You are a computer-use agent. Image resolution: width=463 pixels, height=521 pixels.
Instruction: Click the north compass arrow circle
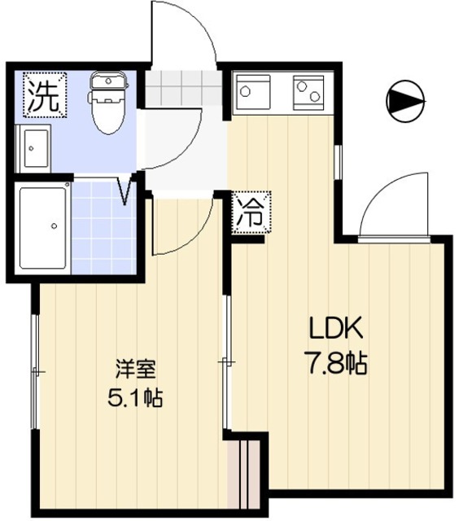click(x=404, y=101)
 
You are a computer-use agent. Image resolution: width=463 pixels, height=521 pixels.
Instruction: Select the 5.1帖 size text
click(x=134, y=399)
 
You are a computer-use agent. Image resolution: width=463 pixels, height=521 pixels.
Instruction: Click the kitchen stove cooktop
click(x=308, y=90)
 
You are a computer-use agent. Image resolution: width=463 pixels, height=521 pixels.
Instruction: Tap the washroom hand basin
click(x=34, y=148)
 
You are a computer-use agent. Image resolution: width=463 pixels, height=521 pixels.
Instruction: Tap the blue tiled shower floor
click(x=103, y=228)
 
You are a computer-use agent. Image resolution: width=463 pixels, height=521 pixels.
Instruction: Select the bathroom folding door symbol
click(x=126, y=192)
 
